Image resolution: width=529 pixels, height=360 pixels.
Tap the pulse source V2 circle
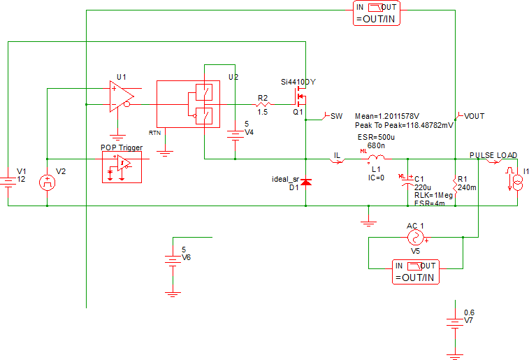tap(47, 182)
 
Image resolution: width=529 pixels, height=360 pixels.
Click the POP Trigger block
tap(122, 166)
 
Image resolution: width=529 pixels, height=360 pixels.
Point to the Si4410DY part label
tap(298, 82)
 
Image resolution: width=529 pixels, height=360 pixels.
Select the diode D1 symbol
tap(306, 183)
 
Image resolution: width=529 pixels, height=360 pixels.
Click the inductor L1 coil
tap(376, 159)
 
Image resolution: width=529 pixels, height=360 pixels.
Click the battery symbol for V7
tap(455, 322)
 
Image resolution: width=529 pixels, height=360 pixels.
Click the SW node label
tap(335, 116)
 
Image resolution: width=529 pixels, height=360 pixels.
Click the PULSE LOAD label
tap(493, 154)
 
